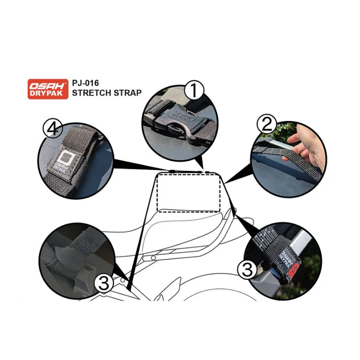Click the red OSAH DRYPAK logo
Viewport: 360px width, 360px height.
point(48,89)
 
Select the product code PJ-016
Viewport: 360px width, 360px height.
point(85,83)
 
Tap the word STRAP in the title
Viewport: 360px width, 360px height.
point(128,93)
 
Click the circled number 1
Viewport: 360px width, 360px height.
point(194,90)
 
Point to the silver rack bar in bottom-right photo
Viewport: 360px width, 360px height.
point(307,240)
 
